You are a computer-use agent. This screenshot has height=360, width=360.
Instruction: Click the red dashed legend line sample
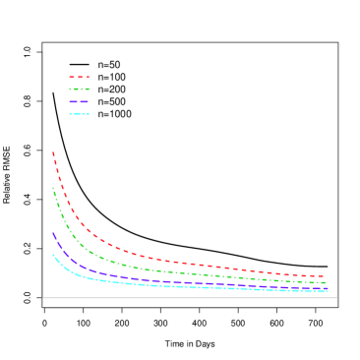click(79, 77)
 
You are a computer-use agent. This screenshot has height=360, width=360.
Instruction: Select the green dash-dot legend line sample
click(79, 90)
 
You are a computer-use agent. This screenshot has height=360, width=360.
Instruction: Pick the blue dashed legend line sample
click(79, 101)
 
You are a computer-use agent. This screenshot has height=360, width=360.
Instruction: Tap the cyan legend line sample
click(78, 114)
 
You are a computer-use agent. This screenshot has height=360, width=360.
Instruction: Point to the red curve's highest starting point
click(53, 152)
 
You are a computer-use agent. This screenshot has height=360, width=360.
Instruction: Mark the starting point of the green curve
click(53, 188)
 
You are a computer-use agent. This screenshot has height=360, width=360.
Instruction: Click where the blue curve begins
click(53, 233)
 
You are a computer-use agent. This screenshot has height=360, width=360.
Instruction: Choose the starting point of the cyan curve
click(53, 255)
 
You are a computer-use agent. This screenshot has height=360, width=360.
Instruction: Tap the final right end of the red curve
click(325, 276)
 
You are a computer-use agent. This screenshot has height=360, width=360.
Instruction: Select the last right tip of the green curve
click(326, 283)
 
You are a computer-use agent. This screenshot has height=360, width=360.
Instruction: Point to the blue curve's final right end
click(327, 288)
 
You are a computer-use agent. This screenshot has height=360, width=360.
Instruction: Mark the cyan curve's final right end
click(327, 291)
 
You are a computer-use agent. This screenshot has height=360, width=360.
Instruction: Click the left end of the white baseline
click(43, 298)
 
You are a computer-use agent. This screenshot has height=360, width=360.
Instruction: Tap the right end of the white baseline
click(337, 298)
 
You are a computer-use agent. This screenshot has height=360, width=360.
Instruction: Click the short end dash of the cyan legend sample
click(89, 114)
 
